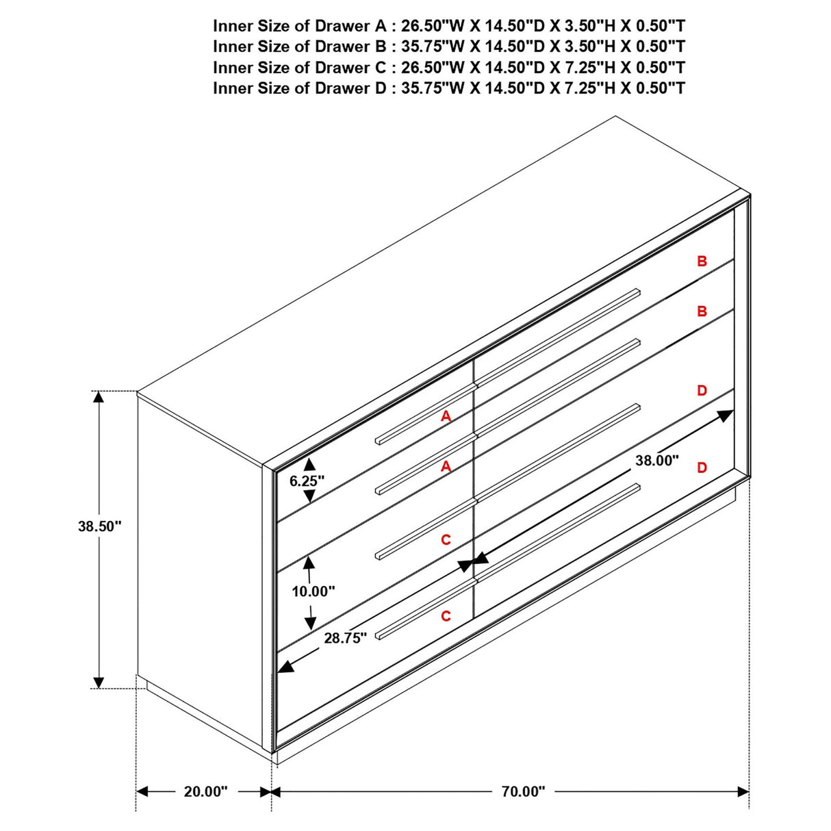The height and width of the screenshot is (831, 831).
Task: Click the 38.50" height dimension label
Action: coord(99,526)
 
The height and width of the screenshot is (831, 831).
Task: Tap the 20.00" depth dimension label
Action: coord(205,791)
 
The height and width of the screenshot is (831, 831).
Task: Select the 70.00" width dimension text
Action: coord(523,791)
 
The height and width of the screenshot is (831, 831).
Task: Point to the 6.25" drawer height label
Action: coord(307,481)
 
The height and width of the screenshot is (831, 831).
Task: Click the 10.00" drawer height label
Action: coord(314,591)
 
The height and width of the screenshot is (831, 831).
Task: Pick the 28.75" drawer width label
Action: coord(346,638)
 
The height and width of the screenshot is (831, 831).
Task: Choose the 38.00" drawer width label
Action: coord(656,461)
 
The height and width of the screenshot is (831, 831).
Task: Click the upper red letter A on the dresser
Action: coord(446,415)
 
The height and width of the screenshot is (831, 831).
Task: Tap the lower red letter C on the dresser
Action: coord(446,616)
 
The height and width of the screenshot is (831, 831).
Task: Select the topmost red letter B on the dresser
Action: coord(702,261)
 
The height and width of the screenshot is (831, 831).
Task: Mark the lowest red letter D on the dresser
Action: coord(702,468)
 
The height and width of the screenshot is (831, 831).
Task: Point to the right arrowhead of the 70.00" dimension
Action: coord(743,791)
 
